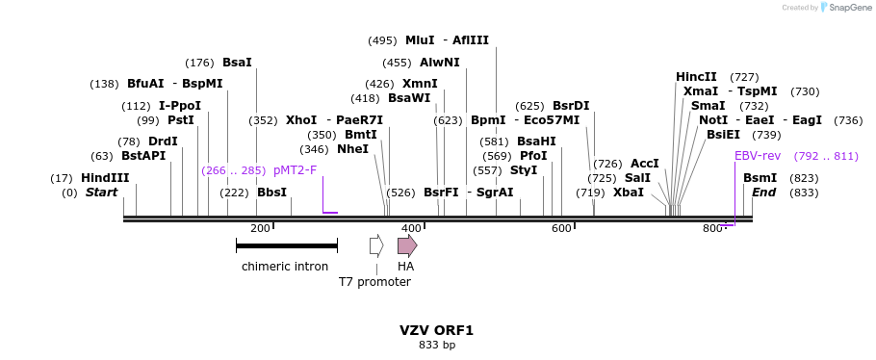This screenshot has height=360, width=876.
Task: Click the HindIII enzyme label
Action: (105, 178)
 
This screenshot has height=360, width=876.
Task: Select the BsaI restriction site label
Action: (237, 63)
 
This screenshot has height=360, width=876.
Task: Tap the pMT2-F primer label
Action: (295, 170)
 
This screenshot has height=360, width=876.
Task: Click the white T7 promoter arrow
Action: (376, 245)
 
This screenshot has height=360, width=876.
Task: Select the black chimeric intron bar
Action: (286, 246)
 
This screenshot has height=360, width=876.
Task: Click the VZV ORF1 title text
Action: (437, 330)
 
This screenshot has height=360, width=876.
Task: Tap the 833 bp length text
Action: (437, 345)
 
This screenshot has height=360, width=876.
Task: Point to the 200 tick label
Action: (260, 228)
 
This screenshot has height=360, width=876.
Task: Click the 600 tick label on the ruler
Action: (561, 228)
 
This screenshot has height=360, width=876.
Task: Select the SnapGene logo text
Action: (850, 8)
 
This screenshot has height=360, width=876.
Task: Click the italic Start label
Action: (101, 193)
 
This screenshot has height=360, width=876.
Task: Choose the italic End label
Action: (763, 193)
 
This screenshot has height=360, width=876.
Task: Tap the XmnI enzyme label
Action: (420, 84)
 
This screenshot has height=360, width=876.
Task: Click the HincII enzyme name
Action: (696, 77)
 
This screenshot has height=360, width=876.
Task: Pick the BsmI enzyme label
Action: (760, 178)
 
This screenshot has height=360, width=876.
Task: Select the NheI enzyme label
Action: (352, 149)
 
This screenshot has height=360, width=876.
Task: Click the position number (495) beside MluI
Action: (382, 40)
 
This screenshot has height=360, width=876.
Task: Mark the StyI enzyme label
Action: (524, 170)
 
